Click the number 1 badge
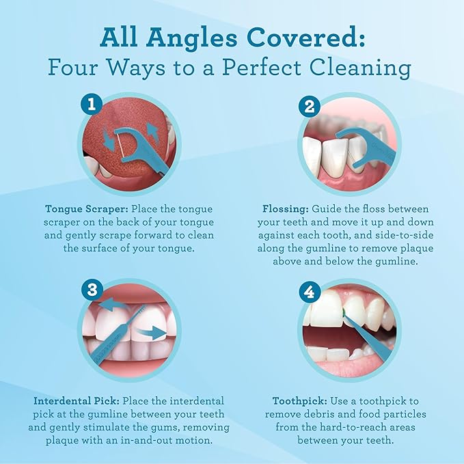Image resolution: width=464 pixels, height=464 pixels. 92,104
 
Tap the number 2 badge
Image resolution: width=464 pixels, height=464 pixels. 310,106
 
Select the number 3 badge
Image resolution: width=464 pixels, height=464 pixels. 92,290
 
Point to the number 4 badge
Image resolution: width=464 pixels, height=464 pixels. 310,292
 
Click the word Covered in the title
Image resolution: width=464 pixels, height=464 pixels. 305,38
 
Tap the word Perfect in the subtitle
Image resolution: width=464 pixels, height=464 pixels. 262,68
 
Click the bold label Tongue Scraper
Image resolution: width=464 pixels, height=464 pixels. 87,209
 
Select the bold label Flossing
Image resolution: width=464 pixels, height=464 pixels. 286,209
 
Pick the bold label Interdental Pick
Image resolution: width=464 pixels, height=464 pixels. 77,401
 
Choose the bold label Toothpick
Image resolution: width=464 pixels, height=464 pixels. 300,402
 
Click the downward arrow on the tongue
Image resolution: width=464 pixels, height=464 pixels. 108,139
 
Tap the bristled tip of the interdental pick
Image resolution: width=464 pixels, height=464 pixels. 140,312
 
